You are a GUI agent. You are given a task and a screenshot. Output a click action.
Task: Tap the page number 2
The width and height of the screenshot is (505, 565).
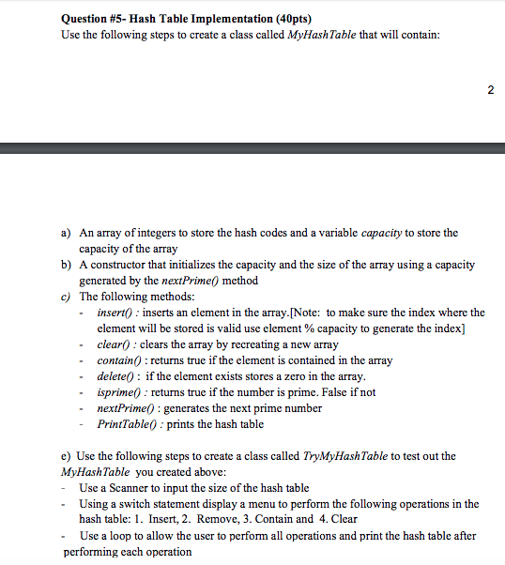point(489,90)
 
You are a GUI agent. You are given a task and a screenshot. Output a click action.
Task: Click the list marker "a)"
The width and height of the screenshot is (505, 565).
point(66,233)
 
